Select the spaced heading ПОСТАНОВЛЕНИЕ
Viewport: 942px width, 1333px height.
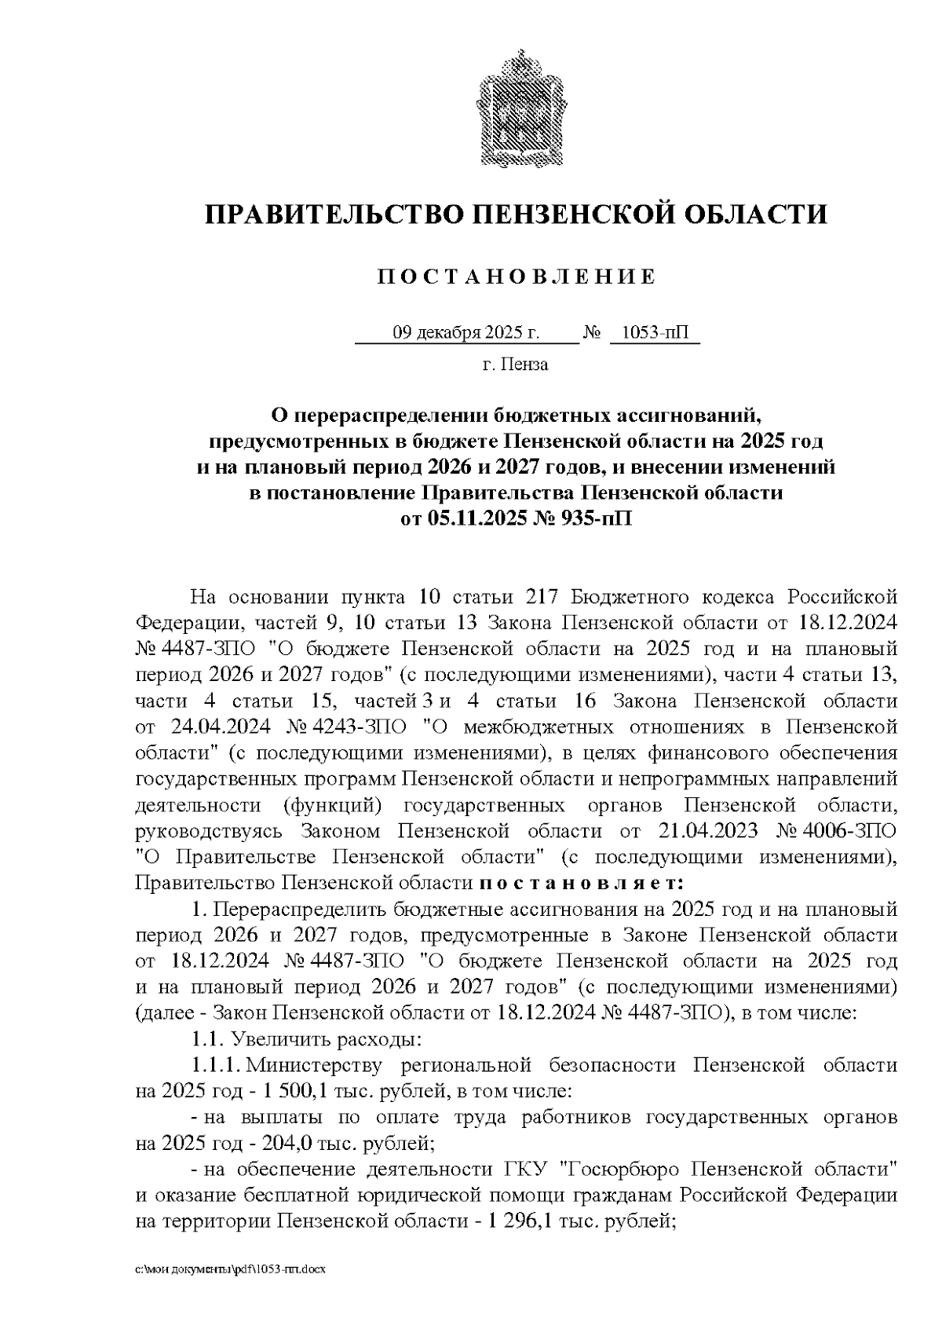pyautogui.click(x=516, y=277)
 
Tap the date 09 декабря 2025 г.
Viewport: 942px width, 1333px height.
pyautogui.click(x=466, y=333)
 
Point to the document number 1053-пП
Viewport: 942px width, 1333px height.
pyautogui.click(x=653, y=333)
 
